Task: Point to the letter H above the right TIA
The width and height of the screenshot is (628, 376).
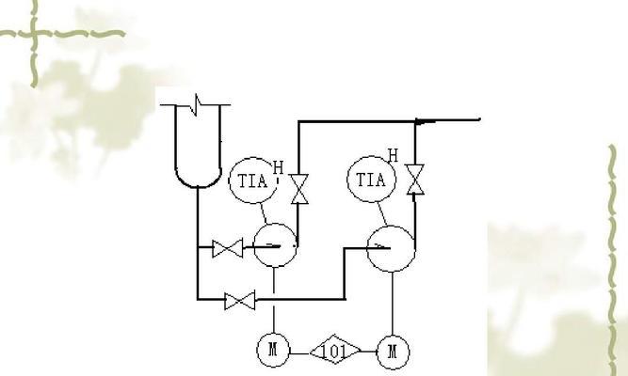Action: tap(393, 155)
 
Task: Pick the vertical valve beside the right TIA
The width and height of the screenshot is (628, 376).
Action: tap(415, 180)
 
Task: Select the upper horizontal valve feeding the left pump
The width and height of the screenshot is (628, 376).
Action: tap(228, 248)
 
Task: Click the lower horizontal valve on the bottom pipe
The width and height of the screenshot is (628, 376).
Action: tap(241, 301)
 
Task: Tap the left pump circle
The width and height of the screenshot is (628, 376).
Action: tap(274, 245)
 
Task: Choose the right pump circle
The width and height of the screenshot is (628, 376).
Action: tap(390, 248)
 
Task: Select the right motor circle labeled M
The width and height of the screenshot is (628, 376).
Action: tap(393, 352)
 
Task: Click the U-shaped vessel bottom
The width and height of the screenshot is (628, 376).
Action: tap(198, 177)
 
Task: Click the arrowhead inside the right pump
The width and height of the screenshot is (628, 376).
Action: tap(381, 247)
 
